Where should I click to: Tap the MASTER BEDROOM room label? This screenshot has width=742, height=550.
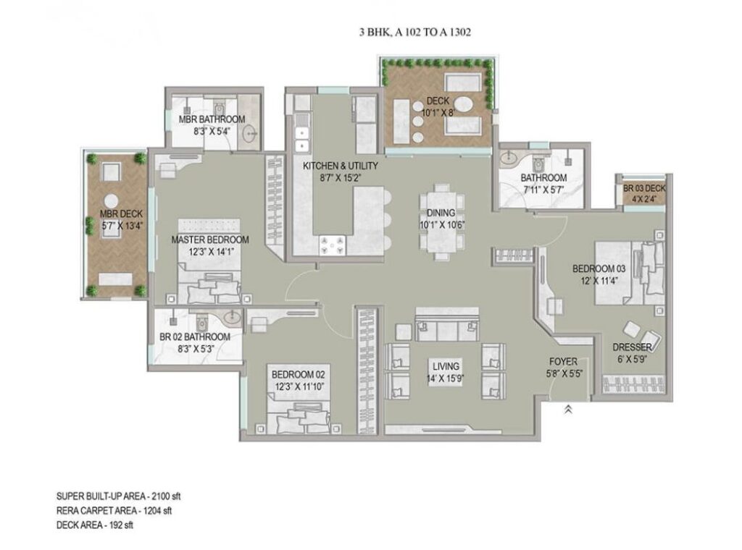click(210, 240)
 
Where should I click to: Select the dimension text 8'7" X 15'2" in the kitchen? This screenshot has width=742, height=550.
click(340, 177)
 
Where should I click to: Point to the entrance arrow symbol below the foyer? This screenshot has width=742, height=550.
click(567, 409)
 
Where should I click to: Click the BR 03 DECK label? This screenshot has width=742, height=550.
click(643, 189)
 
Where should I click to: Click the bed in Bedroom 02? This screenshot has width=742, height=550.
click(298, 422)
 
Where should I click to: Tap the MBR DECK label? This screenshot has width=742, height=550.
click(119, 213)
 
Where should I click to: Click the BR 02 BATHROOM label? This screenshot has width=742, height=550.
click(195, 337)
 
